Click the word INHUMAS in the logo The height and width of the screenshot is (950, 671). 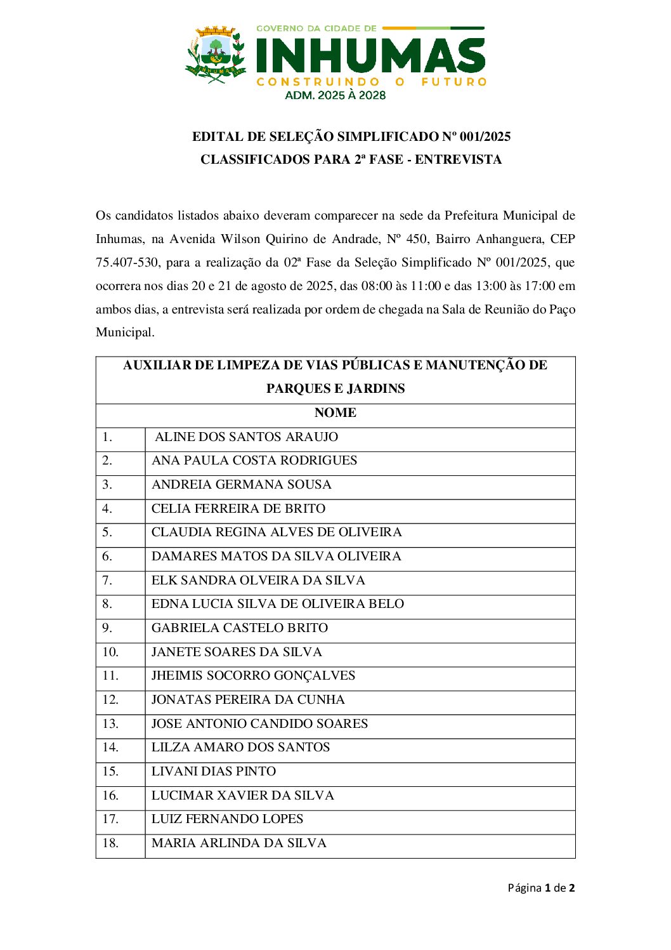click(x=370, y=56)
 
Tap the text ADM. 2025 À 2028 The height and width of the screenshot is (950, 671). click(x=335, y=95)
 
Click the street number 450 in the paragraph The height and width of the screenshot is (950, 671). click(x=416, y=239)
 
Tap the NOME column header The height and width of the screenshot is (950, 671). click(x=335, y=412)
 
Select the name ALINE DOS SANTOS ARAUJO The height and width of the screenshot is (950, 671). click(x=246, y=437)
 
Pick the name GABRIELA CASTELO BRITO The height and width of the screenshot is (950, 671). click(x=240, y=628)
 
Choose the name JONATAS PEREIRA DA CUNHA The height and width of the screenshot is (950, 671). click(x=248, y=699)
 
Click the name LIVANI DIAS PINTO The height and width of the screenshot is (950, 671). click(x=214, y=771)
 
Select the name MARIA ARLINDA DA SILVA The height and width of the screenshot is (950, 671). click(x=239, y=843)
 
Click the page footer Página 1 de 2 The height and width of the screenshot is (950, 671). click(x=541, y=888)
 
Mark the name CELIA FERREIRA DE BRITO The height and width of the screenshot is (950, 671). click(x=238, y=508)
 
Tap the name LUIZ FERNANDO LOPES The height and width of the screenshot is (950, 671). click(x=227, y=819)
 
